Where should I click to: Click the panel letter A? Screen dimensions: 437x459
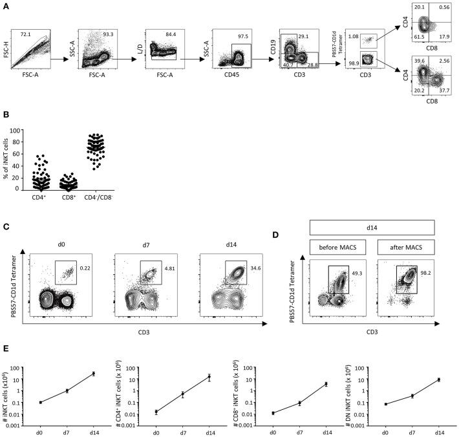click(x=6, y=6)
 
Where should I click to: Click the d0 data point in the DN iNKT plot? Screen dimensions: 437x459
click(x=386, y=404)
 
